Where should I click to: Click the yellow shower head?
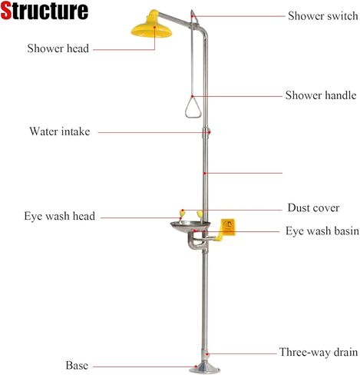pyautogui.click(x=151, y=29)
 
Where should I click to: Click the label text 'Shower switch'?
pyautogui.click(x=323, y=16)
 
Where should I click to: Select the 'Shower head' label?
pyautogui.click(x=58, y=48)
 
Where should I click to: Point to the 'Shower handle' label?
pyautogui.click(x=321, y=95)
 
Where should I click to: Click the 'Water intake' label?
pyautogui.click(x=60, y=131)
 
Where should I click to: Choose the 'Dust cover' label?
pyautogui.click(x=313, y=207)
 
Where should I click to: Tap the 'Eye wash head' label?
pyautogui.click(x=60, y=216)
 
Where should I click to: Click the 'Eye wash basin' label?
pyautogui.click(x=322, y=231)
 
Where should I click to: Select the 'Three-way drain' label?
pyautogui.click(x=319, y=352)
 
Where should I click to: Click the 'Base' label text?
pyautogui.click(x=77, y=365)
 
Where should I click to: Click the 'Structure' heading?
pyautogui.click(x=45, y=11)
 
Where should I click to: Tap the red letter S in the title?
pyautogui.click(x=6, y=11)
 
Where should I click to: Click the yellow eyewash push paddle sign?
pyautogui.click(x=228, y=227)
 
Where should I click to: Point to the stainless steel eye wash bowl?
pyautogui.click(x=190, y=227)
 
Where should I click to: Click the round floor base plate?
pyautogui.click(x=204, y=368)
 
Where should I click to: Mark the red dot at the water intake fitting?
pyautogui.click(x=210, y=132)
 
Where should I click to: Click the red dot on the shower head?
pyautogui.click(x=154, y=27)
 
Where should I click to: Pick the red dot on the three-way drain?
pyautogui.click(x=208, y=354)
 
